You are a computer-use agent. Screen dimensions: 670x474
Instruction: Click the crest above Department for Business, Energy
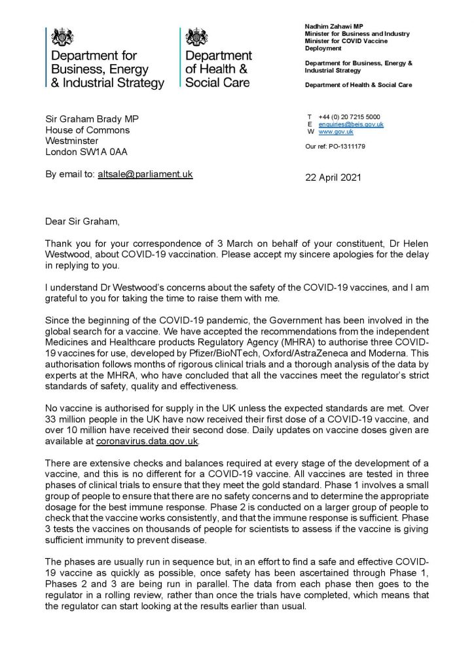coord(62,37)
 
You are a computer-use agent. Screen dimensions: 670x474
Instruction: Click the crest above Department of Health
coord(196,37)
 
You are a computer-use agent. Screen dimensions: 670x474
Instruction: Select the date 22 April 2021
coord(333,177)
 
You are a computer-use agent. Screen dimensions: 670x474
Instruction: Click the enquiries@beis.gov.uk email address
coord(351,124)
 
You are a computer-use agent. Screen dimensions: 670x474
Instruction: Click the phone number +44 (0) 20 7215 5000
coord(352,117)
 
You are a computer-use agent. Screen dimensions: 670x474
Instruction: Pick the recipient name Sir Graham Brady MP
coord(92,118)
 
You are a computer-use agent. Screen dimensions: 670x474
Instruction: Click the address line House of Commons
coord(87,130)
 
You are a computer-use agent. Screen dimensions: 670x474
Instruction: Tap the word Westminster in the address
coord(72,141)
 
